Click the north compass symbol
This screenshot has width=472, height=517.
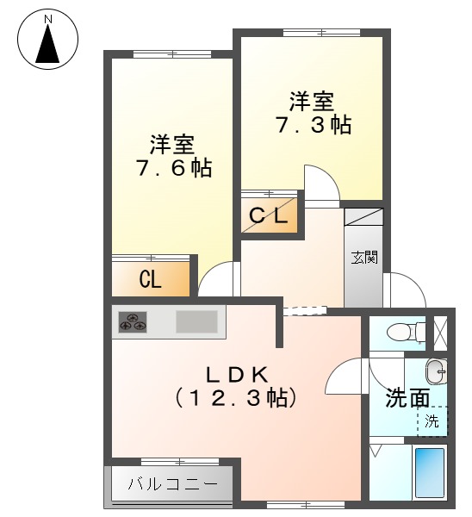pyautogui.click(x=48, y=39)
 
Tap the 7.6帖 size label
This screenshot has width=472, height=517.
pyautogui.click(x=174, y=167)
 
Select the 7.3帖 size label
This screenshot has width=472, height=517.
pyautogui.click(x=315, y=125)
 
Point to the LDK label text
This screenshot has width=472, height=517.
pyautogui.click(x=239, y=374)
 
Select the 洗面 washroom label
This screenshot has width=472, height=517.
pyautogui.click(x=407, y=398)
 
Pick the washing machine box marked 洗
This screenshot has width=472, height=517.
pyautogui.click(x=432, y=421)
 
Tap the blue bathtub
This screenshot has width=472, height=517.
pyautogui.click(x=429, y=473)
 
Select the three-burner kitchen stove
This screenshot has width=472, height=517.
pyautogui.click(x=134, y=321)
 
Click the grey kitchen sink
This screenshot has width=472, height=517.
pyautogui.click(x=198, y=321)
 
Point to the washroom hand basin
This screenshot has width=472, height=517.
pyautogui.click(x=437, y=372)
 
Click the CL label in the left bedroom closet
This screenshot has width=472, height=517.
pyautogui.click(x=151, y=279)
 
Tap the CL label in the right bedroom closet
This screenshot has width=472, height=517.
pyautogui.click(x=268, y=217)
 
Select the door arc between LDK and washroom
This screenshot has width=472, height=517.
pyautogui.click(x=347, y=376)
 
